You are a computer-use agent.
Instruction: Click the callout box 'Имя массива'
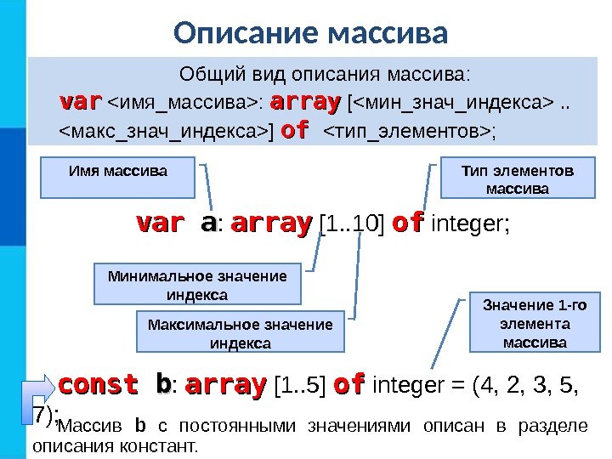(x=117, y=177)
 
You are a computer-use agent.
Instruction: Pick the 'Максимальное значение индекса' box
(x=240, y=333)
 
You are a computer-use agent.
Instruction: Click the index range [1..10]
(x=350, y=225)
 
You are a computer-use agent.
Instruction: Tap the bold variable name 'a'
(x=207, y=224)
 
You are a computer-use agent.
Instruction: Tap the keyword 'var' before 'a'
(x=160, y=224)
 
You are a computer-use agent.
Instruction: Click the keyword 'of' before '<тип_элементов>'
(x=293, y=132)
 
